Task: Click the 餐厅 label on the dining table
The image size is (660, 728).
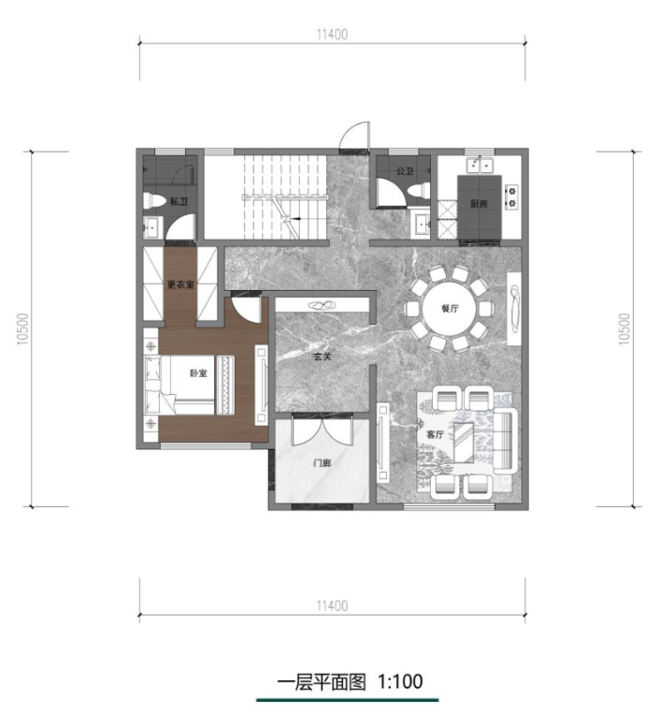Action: click(450, 308)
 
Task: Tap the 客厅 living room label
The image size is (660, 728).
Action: click(435, 434)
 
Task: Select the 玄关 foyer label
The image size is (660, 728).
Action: click(322, 357)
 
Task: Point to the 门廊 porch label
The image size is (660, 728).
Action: click(323, 463)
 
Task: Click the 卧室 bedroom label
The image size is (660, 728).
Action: click(198, 372)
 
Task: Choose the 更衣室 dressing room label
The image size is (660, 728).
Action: click(180, 284)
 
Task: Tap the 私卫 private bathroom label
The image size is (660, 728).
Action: click(179, 201)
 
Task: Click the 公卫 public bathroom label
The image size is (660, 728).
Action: click(405, 171)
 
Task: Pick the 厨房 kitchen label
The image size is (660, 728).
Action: click(479, 203)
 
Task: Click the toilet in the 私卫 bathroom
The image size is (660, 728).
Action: click(154, 201)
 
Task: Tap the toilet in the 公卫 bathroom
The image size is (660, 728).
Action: click(419, 192)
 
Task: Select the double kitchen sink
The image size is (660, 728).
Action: click(480, 165)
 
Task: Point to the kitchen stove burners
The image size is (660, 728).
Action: click(511, 197)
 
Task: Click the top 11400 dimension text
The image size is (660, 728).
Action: click(332, 35)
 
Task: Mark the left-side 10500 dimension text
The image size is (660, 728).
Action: click(22, 329)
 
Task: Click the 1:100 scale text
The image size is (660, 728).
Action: click(400, 681)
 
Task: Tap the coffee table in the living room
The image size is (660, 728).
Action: click(464, 443)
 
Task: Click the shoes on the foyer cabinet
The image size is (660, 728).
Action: click(323, 305)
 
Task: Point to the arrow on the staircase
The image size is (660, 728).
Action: click(294, 218)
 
